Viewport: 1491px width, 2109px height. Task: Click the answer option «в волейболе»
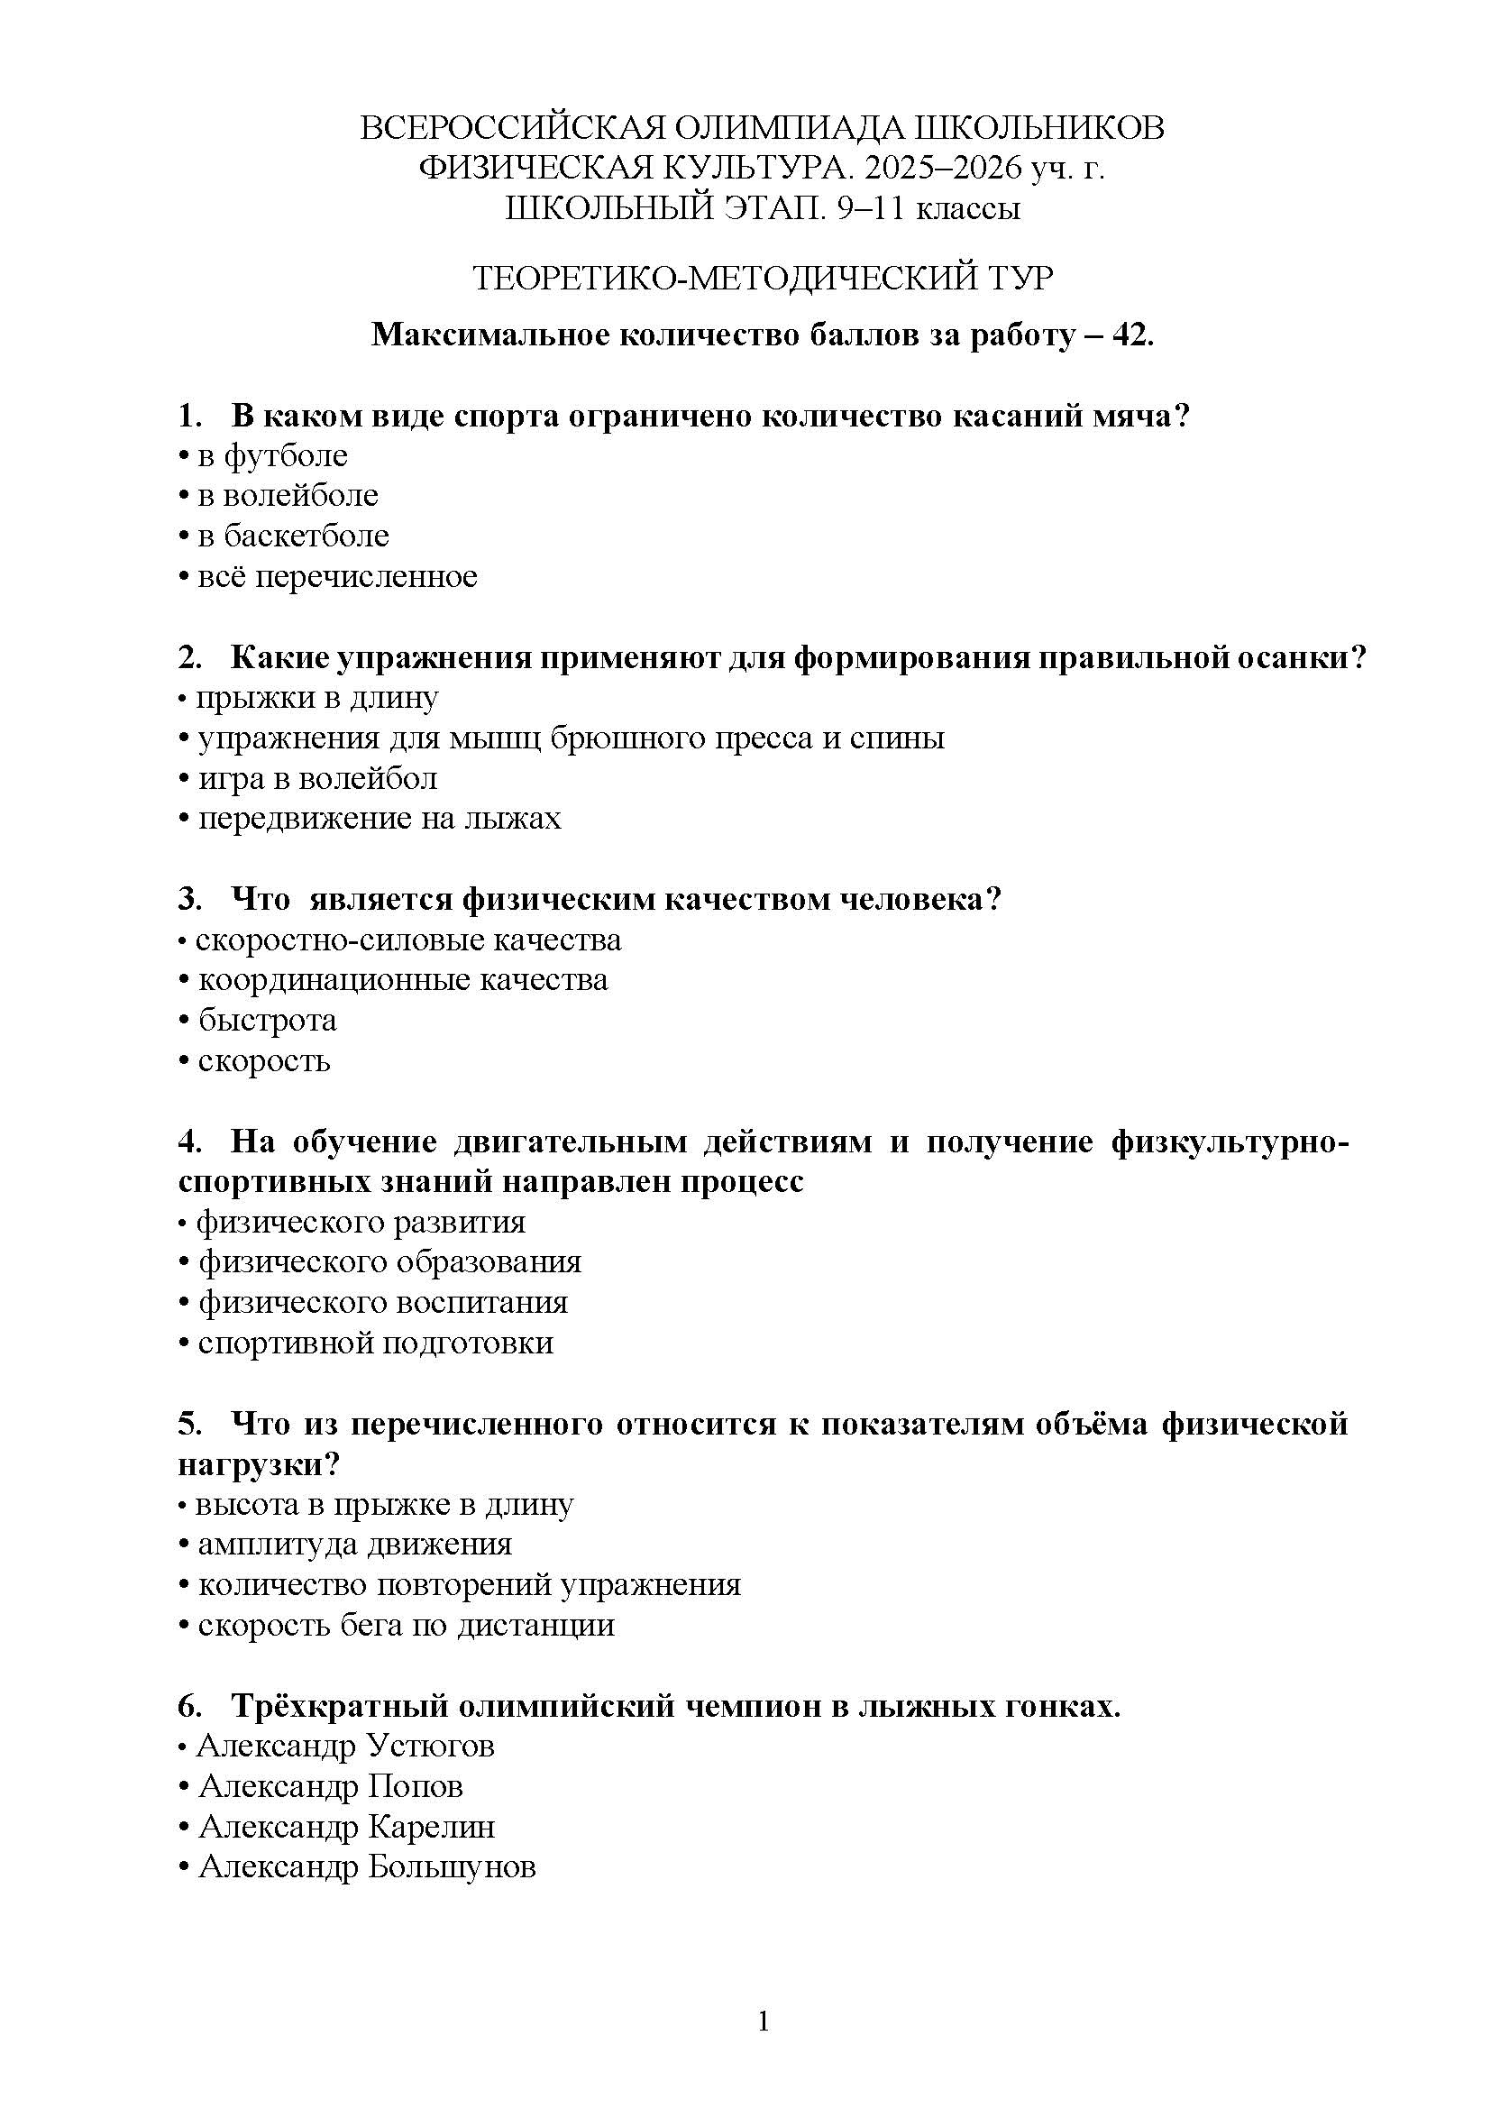(x=288, y=496)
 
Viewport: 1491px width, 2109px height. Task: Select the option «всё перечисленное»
(x=337, y=577)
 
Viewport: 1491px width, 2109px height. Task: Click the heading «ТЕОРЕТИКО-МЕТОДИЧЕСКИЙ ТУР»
(x=762, y=278)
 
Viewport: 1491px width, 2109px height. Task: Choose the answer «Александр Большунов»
(x=366, y=1866)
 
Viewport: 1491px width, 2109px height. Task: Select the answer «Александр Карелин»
(x=346, y=1826)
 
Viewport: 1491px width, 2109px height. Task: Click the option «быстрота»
(x=267, y=1021)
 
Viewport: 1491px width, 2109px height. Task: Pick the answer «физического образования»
(x=389, y=1262)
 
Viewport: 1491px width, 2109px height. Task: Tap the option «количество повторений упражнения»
(x=469, y=1584)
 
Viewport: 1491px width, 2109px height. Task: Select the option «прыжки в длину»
(x=316, y=698)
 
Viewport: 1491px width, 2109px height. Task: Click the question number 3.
(x=189, y=898)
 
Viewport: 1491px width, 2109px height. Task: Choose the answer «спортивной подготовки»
(x=376, y=1343)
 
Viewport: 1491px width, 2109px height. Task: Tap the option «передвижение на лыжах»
(x=380, y=819)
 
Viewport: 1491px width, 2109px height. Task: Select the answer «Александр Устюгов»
(x=346, y=1746)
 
